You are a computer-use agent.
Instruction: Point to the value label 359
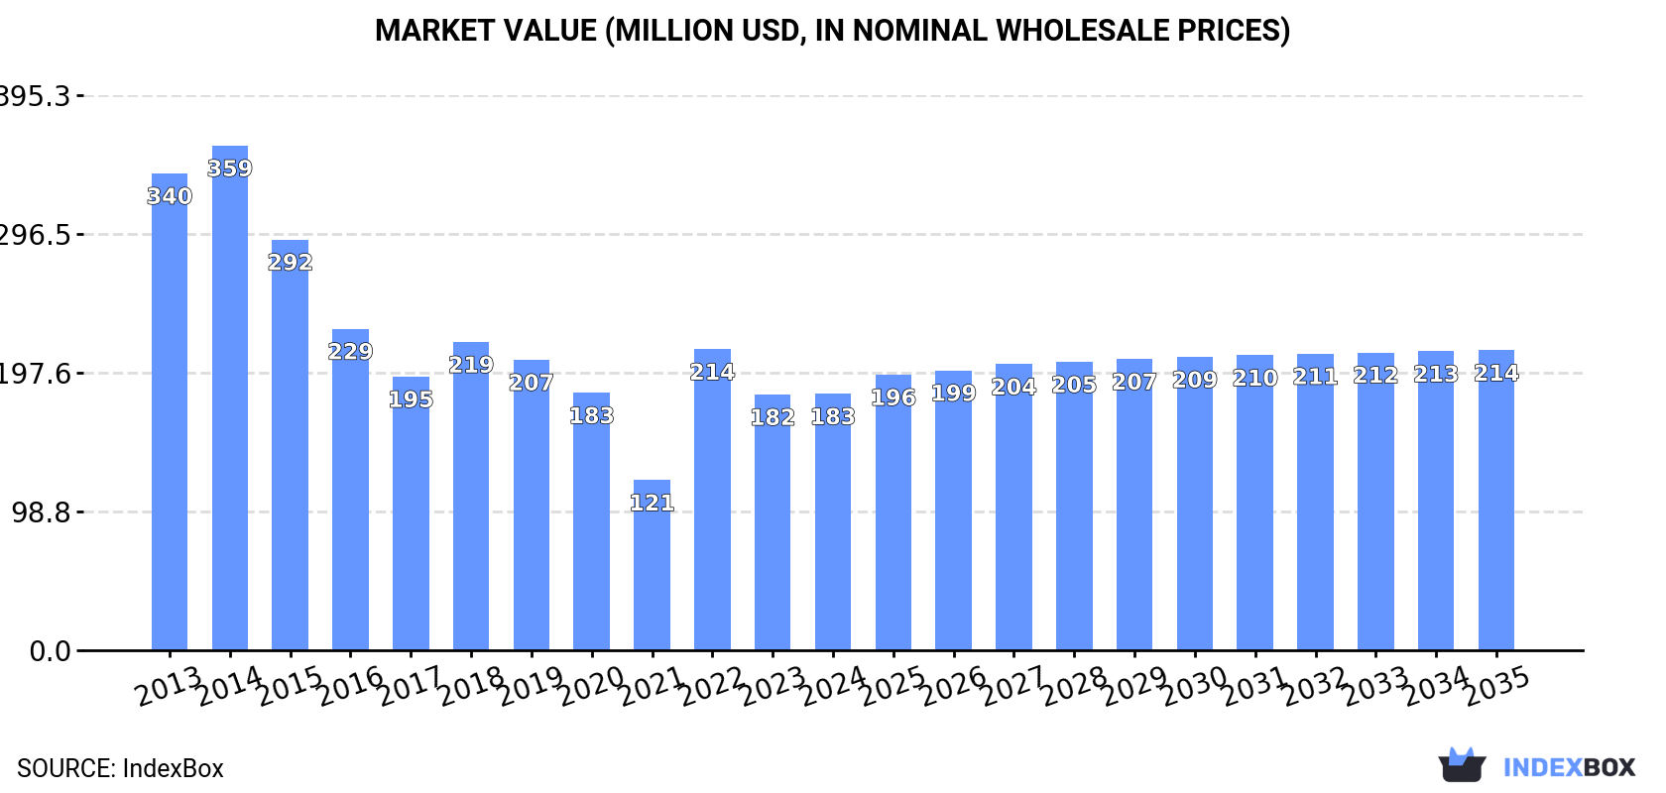230,169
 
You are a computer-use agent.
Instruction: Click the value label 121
652,503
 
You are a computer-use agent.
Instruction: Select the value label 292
291,262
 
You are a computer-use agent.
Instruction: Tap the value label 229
350,351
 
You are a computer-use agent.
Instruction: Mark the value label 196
893,397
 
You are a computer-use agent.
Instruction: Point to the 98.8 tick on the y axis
42,512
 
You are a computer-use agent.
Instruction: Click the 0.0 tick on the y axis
50,651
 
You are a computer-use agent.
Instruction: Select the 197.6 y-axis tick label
36,374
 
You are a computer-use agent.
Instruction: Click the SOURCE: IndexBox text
120,768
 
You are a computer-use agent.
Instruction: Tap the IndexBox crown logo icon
1462,766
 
